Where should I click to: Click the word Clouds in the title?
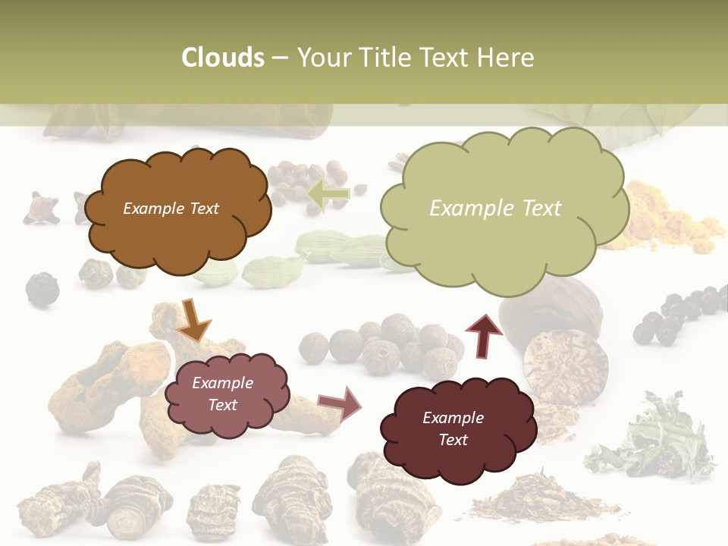[x=222, y=58]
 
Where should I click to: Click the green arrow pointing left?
[x=328, y=194]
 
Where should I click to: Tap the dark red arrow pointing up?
[x=484, y=335]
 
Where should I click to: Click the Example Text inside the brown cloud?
[x=171, y=209]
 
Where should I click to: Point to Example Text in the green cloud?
[x=495, y=209]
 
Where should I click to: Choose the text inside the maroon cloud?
[x=453, y=428]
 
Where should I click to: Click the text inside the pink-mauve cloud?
[x=222, y=394]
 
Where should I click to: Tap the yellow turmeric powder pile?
[x=667, y=220]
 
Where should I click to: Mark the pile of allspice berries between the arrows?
[x=387, y=345]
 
